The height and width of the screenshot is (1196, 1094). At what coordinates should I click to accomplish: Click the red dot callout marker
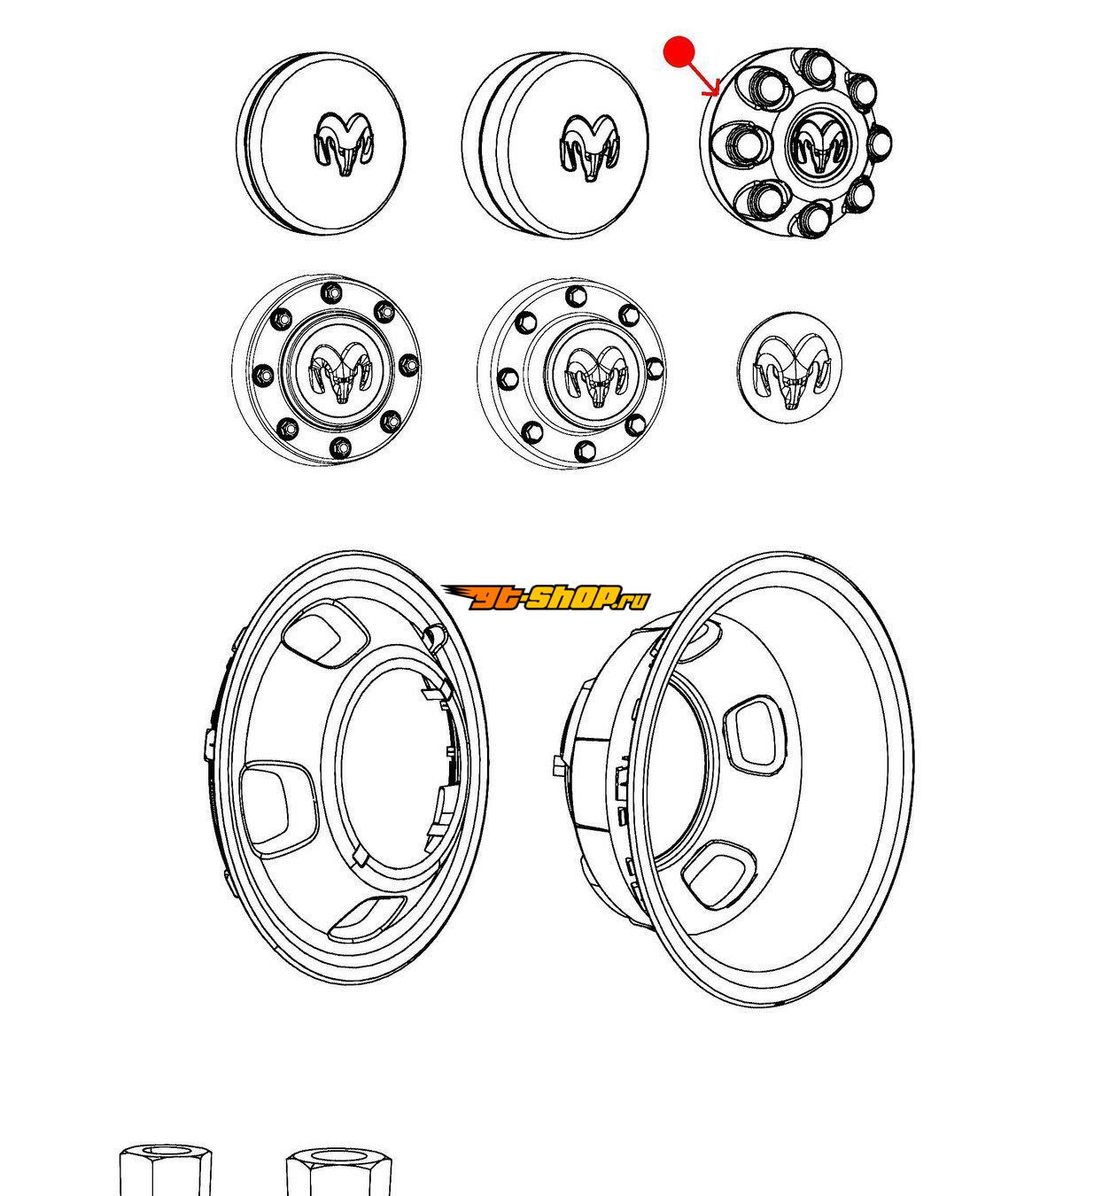coord(679,51)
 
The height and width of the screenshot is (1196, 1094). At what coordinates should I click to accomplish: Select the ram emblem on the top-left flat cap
coord(343,144)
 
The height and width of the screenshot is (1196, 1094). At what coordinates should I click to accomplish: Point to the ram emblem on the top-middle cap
coord(591,147)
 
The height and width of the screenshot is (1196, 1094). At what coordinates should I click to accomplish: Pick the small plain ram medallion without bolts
coord(789,368)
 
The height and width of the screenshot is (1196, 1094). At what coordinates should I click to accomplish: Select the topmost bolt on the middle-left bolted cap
coord(330,292)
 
